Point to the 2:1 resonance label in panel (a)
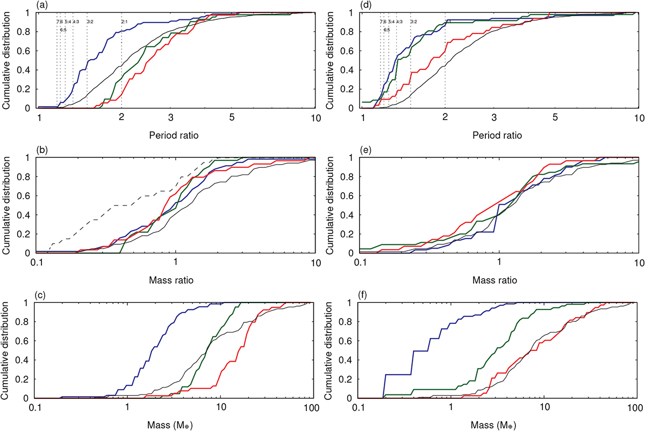124,22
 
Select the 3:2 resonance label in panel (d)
413,22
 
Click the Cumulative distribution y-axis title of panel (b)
9,205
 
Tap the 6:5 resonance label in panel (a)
63,30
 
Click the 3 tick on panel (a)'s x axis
170,118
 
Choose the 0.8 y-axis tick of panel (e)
352,176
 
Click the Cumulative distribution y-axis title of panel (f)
334,350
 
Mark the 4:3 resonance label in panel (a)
76,22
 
